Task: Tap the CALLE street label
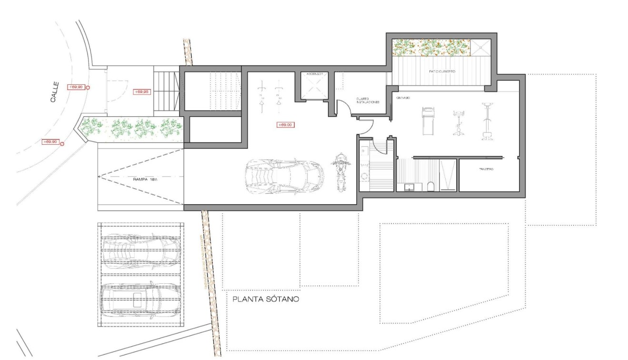click(x=54, y=92)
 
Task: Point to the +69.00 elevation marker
click(x=285, y=125)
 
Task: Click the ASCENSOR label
click(x=315, y=74)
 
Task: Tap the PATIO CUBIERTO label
click(x=442, y=71)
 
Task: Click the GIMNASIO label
click(x=403, y=97)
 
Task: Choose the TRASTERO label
click(x=486, y=170)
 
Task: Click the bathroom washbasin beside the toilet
click(x=409, y=187)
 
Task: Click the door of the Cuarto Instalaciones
click(x=344, y=108)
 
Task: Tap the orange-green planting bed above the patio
click(x=431, y=47)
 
